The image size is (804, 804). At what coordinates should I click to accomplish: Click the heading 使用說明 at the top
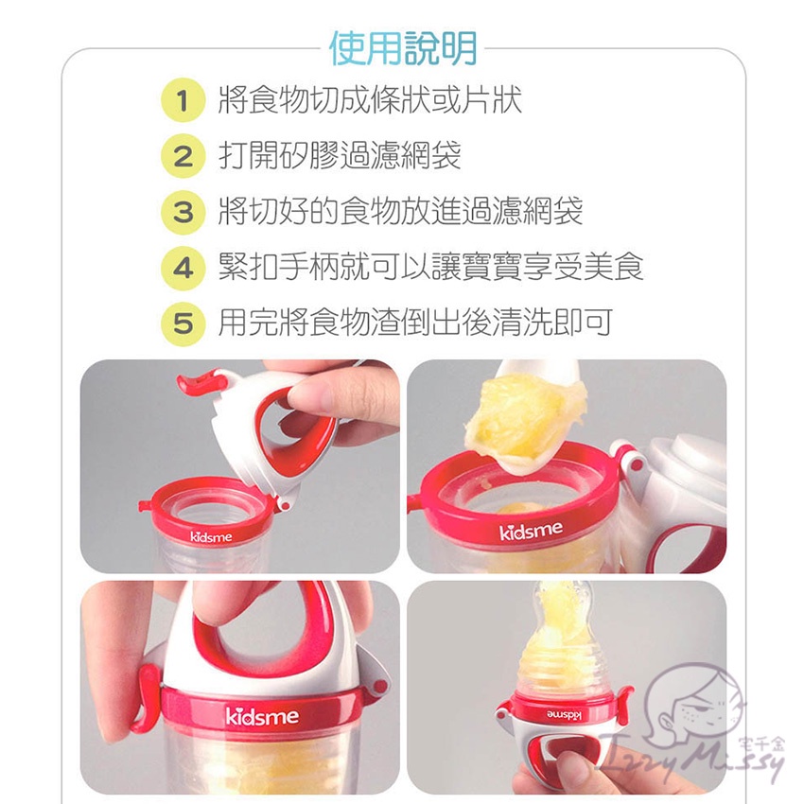tap(403, 48)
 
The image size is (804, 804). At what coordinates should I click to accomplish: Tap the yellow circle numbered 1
tap(184, 100)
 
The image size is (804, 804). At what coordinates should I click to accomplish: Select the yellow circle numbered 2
tap(184, 156)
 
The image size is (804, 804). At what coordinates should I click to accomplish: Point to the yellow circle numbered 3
tap(184, 212)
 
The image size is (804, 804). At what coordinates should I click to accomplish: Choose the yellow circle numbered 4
tap(184, 268)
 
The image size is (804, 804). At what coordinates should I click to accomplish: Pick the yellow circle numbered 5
tap(184, 323)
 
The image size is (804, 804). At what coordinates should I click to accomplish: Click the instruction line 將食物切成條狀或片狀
tap(370, 99)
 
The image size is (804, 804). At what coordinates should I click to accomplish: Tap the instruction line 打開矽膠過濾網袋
tap(340, 155)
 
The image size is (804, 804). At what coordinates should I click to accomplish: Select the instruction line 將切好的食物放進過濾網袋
tap(400, 211)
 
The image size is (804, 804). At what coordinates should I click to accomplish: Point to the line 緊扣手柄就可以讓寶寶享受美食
tap(430, 267)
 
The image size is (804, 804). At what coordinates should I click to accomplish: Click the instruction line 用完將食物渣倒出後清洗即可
tap(415, 323)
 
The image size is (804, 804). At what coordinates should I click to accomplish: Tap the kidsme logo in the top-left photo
tap(211, 537)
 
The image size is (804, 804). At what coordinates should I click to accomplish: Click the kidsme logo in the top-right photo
tap(531, 532)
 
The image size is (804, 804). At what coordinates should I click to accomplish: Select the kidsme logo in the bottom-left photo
tap(262, 716)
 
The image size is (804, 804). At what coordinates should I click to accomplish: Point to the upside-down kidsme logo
tap(565, 714)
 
